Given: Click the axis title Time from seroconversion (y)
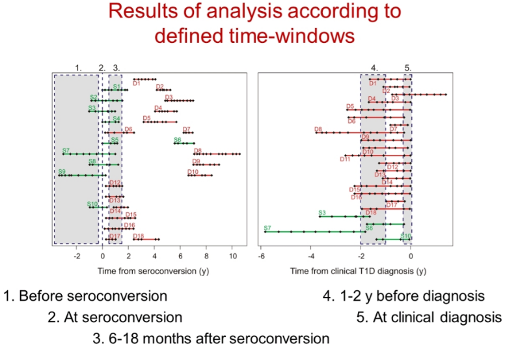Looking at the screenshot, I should [150, 270].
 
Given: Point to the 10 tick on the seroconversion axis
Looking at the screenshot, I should [232, 256].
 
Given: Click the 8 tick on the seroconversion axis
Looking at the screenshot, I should [206, 256].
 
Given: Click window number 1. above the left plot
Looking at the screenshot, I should [79, 67].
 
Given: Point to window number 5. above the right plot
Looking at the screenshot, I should [407, 67].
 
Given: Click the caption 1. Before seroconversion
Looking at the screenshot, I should [85, 297].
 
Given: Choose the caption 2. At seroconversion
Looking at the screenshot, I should [115, 318].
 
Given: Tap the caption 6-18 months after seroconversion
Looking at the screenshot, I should [211, 339].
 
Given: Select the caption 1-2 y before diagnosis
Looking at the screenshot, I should [404, 297].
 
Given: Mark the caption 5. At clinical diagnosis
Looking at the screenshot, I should [430, 318].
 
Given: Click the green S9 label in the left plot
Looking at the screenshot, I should [62, 172].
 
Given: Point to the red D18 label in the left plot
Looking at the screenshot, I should [139, 236].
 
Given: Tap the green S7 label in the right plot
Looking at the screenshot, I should [267, 228].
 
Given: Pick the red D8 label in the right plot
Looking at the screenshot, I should [318, 130].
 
